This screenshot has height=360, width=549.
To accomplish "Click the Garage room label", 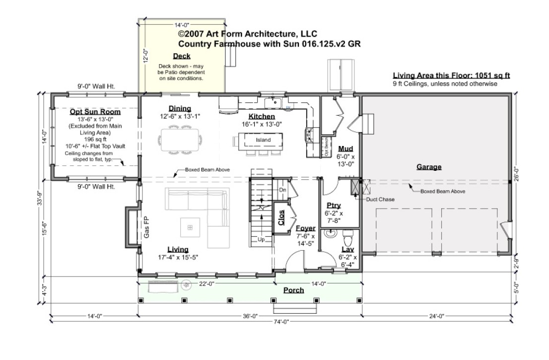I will [429, 167].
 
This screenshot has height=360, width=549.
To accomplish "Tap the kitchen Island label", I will [263, 140].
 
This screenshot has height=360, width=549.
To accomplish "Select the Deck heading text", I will [181, 56].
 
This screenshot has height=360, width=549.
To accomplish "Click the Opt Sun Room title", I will [95, 112].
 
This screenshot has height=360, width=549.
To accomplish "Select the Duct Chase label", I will [381, 200].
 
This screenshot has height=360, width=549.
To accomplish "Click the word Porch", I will [293, 290].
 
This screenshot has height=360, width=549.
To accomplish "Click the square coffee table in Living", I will [189, 227].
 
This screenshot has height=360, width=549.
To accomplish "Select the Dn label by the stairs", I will [282, 190].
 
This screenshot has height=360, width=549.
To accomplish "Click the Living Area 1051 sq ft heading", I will [451, 76].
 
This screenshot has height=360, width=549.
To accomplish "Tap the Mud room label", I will [345, 149].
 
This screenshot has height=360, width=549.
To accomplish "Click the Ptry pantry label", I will [333, 205].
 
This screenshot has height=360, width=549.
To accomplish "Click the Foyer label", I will [306, 228].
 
